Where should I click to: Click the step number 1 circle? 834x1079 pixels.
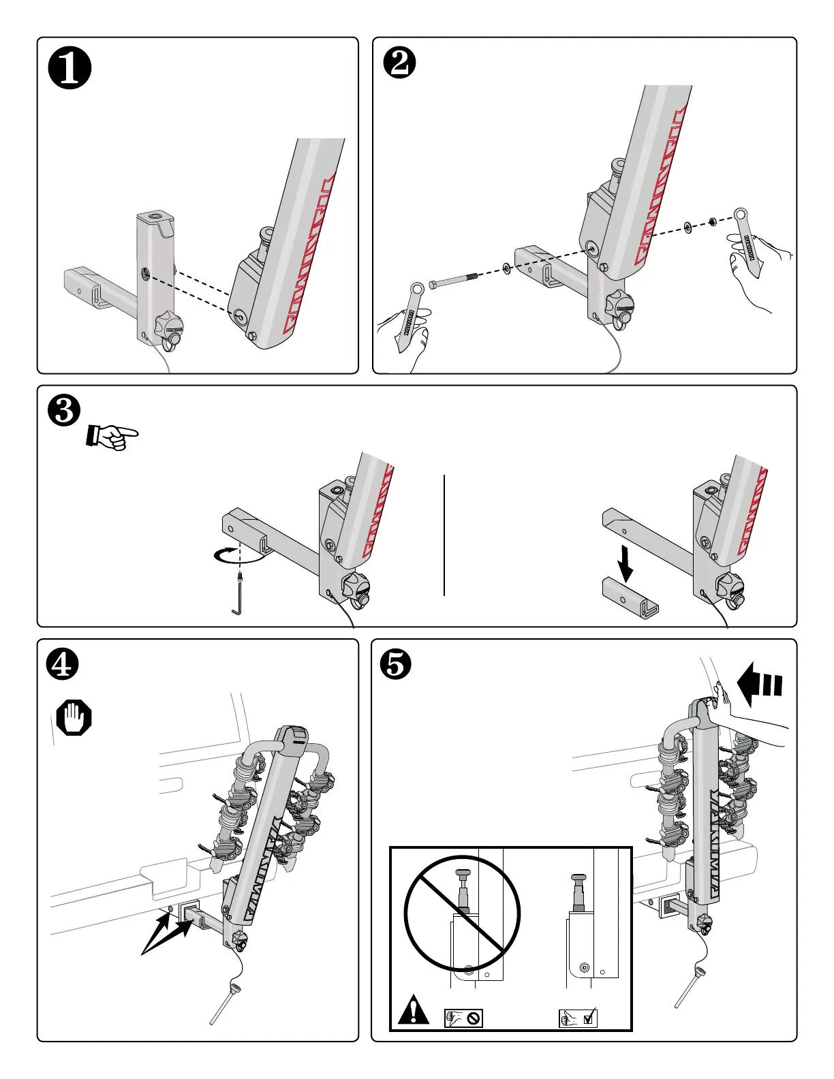coord(69,70)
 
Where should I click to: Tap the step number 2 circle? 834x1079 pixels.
coord(400,65)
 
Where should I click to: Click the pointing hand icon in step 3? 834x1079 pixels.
coord(112,436)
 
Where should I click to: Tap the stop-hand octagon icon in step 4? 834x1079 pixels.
coord(74,718)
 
